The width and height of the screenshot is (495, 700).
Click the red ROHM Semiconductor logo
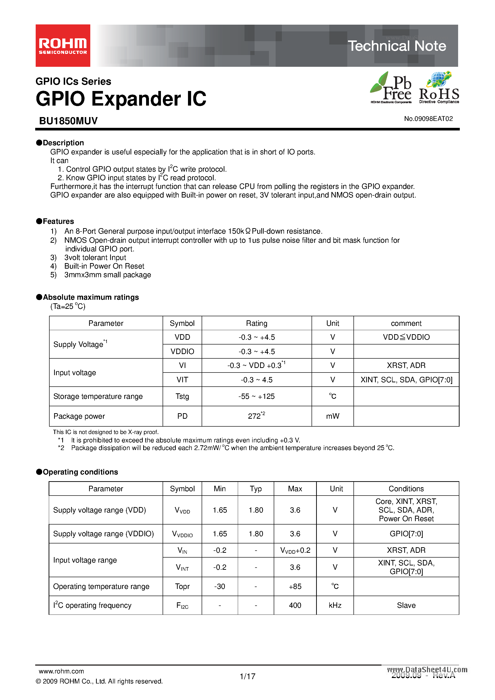[x=63, y=46]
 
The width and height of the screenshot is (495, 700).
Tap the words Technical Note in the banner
[x=397, y=46]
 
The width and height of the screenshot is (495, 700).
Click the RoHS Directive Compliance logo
[x=439, y=88]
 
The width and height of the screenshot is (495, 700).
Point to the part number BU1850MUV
[x=68, y=121]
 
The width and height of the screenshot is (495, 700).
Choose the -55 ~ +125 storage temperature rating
[x=256, y=396]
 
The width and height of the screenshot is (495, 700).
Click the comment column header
[x=406, y=323]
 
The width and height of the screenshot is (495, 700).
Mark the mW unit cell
[x=332, y=416]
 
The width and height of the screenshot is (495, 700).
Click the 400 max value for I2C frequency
[x=295, y=605]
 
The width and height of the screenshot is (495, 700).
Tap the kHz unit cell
[x=335, y=605]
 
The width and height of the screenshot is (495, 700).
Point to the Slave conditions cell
[x=406, y=605]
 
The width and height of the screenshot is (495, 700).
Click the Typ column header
[x=256, y=489]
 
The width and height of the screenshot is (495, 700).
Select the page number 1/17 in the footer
[x=247, y=677]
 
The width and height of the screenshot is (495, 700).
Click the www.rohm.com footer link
[x=61, y=671]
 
